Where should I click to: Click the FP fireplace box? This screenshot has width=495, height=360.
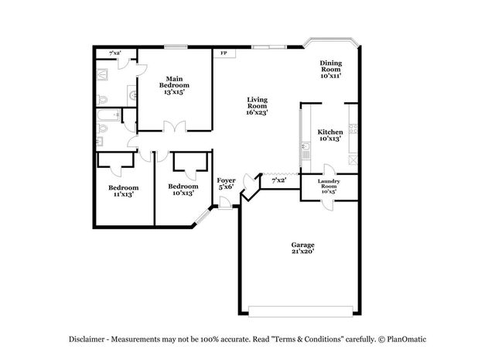[x=224, y=54]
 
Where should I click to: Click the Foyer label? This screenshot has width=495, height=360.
[x=226, y=183]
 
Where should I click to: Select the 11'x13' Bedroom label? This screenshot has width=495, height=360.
[x=123, y=190]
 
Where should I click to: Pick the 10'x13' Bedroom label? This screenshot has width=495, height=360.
[x=183, y=189]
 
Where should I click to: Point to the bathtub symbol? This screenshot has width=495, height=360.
[x=108, y=118]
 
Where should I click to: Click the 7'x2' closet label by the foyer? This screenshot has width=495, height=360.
[x=279, y=180]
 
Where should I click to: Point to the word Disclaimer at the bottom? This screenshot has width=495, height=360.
[x=86, y=339]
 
